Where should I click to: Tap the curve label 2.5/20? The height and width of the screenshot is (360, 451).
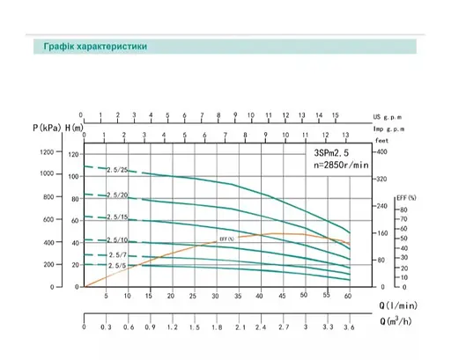coord(117,195)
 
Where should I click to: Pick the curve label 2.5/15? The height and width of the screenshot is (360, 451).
coord(117,217)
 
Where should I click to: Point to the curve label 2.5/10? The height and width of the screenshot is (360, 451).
coord(117,240)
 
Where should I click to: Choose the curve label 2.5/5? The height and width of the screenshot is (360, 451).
coord(117,265)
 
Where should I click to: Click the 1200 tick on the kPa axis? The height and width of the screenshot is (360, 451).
coord(46,152)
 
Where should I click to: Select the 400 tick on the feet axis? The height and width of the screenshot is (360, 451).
coord(381,152)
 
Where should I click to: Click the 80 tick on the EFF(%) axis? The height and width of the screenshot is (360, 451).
coord(403,209)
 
